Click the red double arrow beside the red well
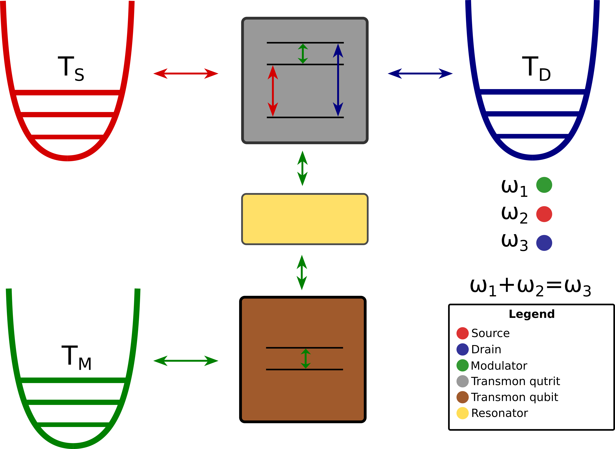pos(186,73)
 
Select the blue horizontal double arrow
pos(420,73)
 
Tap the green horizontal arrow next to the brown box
pos(186,361)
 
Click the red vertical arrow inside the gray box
pos(273,91)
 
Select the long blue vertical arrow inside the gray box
pos(338,80)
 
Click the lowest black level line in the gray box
pos(305,117)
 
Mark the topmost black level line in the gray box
pos(305,43)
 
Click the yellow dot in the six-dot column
pos(462,413)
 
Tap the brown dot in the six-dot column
pos(462,397)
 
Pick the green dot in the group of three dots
pos(544,185)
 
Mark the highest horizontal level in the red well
pos(67,92)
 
